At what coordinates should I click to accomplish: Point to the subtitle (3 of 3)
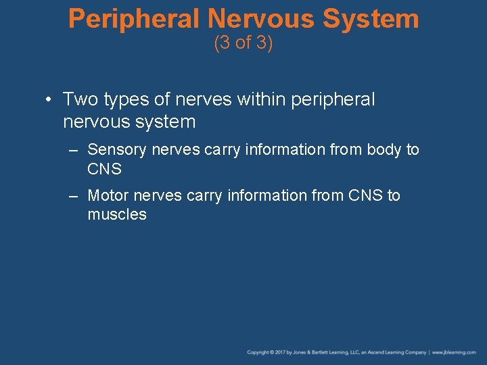tap(243, 43)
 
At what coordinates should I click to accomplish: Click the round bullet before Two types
tap(49, 100)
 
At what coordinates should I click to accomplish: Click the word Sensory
tap(117, 149)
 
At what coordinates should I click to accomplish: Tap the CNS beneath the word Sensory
tap(104, 168)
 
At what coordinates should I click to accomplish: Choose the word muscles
tap(116, 215)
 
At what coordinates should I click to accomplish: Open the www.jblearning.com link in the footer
tap(455, 353)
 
